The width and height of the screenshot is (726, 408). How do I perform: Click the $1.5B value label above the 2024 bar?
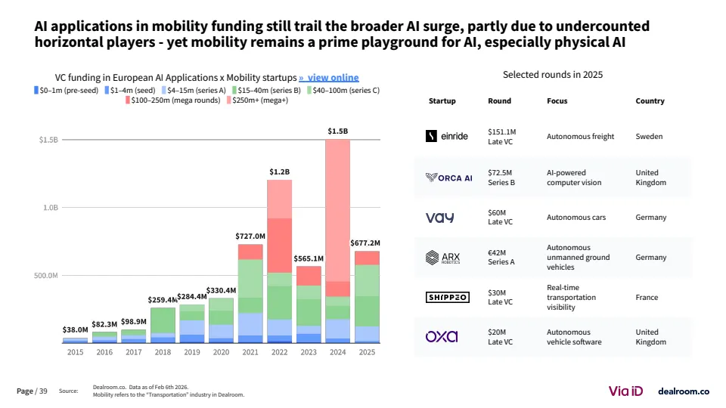[337, 131]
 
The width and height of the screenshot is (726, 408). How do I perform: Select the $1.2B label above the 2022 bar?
[279, 172]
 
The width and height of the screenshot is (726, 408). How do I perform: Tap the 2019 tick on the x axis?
[191, 351]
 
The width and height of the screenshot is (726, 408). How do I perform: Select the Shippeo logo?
[448, 298]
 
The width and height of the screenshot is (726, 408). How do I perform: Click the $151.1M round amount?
[502, 131]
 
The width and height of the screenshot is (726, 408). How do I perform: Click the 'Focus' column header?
[557, 100]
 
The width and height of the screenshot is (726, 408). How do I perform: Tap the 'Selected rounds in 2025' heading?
[552, 75]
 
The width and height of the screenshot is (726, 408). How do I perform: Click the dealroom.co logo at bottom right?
[684, 391]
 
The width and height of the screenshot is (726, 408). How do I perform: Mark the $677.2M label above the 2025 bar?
[366, 243]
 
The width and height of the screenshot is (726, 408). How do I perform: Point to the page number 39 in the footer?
[43, 391]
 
